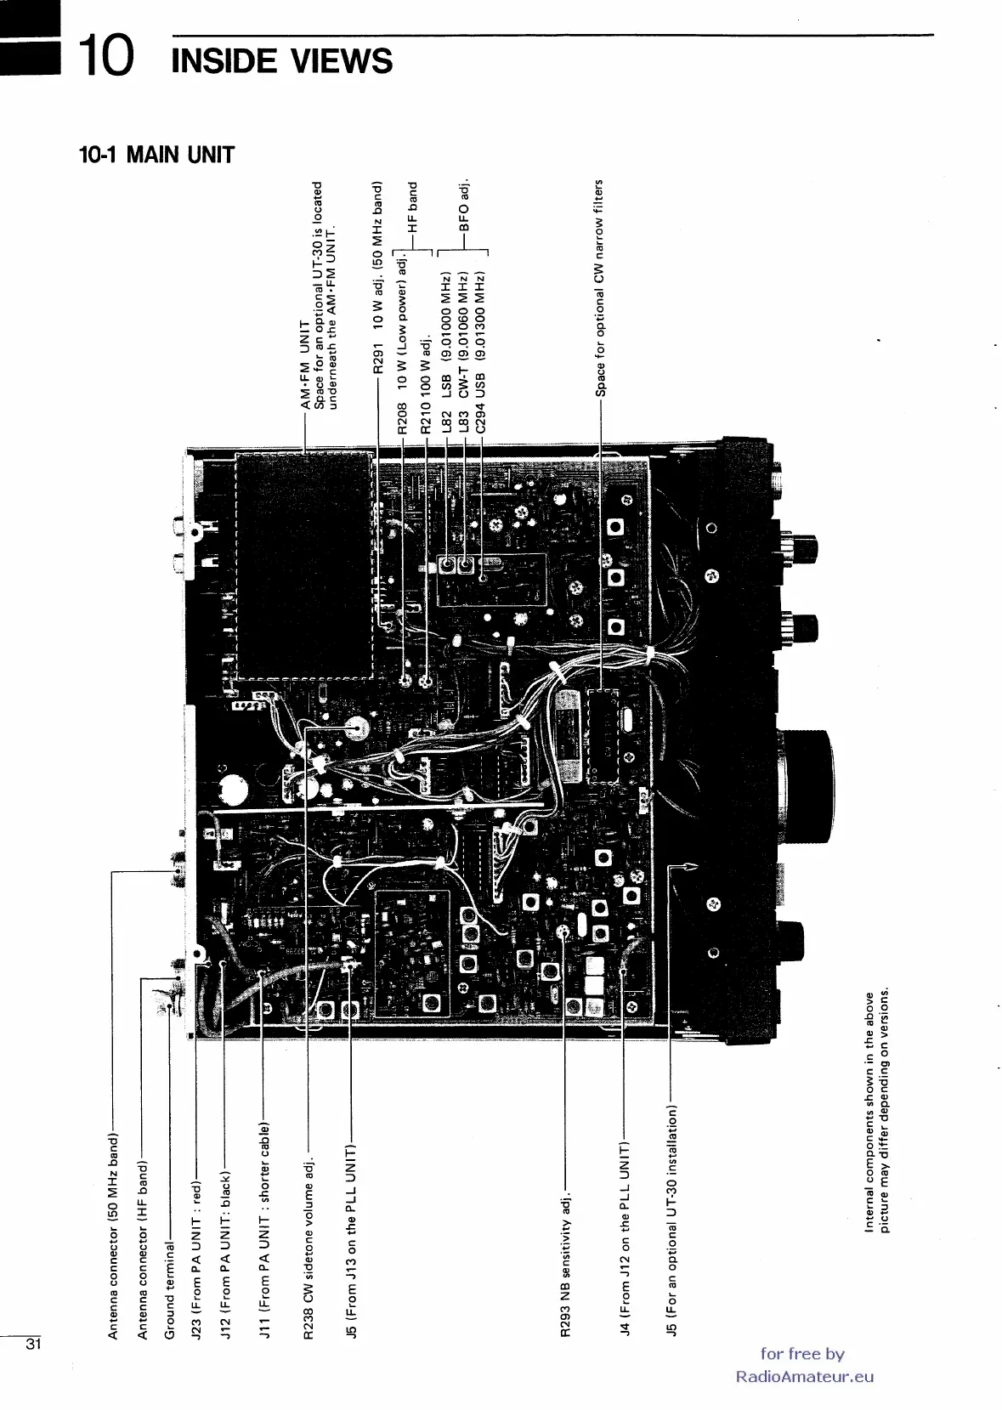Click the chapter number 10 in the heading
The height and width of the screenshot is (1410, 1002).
coord(105,57)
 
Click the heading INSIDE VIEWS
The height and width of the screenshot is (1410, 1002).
coord(281,61)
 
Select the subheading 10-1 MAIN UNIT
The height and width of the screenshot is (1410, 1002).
coord(156,156)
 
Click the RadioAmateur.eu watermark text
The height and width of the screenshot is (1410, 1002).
coord(804,1377)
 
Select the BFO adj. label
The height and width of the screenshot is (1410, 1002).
coord(464,206)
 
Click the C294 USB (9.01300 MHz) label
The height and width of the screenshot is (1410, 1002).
coord(481,352)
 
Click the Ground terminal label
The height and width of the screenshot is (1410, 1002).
coord(170,1289)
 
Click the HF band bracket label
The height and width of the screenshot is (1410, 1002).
coord(414,207)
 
